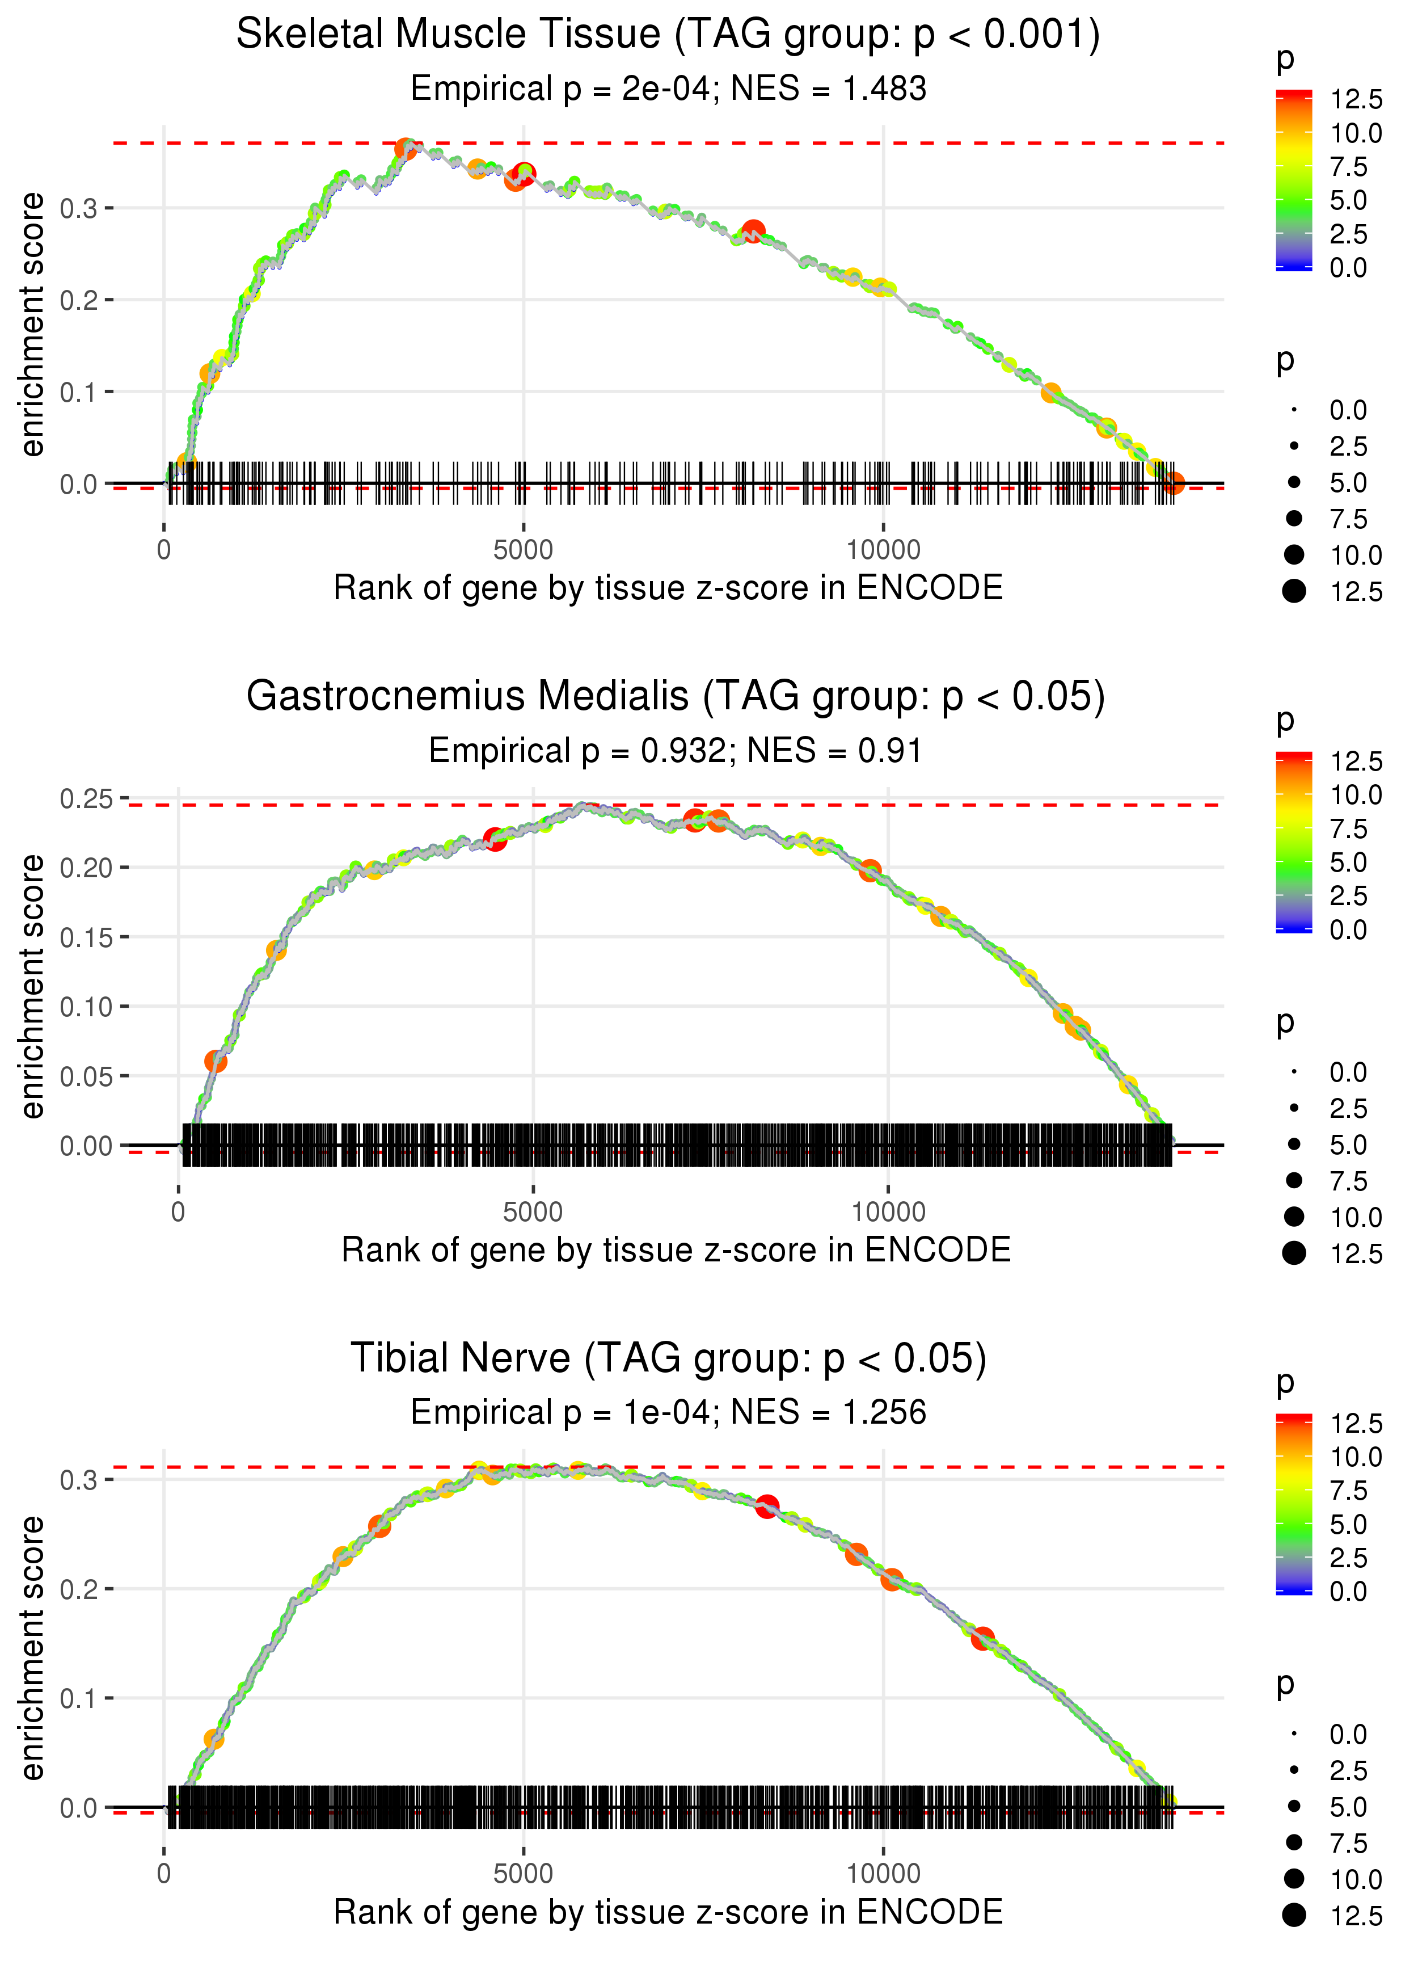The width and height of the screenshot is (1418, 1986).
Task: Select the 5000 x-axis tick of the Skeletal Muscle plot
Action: pos(523,550)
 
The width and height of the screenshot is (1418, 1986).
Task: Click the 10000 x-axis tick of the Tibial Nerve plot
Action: pos(883,1874)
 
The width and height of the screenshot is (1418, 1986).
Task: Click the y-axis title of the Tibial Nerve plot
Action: pos(32,1648)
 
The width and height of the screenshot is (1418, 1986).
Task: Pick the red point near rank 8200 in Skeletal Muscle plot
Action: pos(753,232)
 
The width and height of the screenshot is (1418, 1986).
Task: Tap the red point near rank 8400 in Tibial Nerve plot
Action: pos(767,1507)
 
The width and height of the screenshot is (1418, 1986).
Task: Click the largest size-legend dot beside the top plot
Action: pos(1294,591)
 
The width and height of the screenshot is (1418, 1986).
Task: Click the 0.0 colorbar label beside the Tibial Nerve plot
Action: pos(1347,1591)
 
